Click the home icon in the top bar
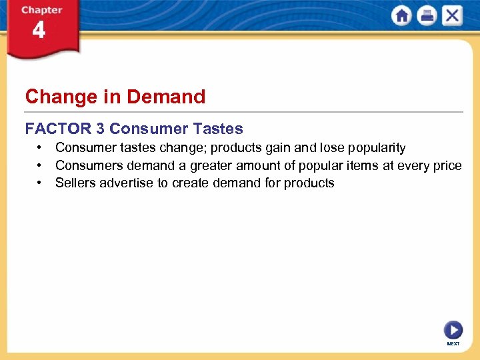402,16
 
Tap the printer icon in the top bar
427,16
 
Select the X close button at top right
452,16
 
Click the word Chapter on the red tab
41,10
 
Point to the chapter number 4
39,31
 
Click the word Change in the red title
52,97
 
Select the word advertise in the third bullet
127,183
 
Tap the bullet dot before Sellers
41,183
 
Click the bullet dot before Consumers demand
41,165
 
